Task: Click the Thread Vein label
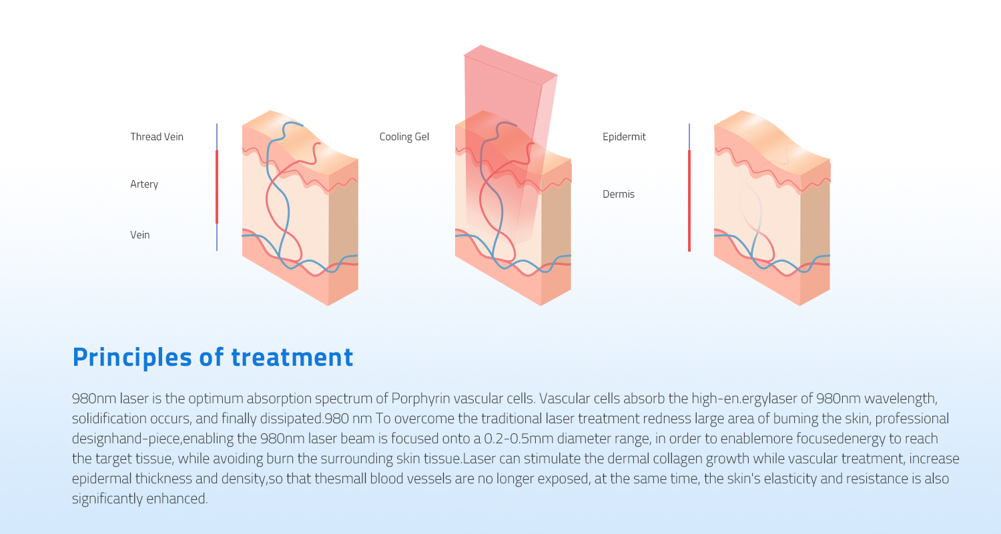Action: coord(156,137)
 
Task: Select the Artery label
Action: coord(144,184)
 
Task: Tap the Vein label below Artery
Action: coord(139,235)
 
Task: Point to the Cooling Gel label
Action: coord(404,137)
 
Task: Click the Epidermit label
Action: coord(624,137)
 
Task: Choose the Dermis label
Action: coord(618,194)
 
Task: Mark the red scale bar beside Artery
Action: coord(217,187)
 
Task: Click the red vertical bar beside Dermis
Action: coord(689,200)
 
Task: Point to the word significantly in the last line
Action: coord(104,499)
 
